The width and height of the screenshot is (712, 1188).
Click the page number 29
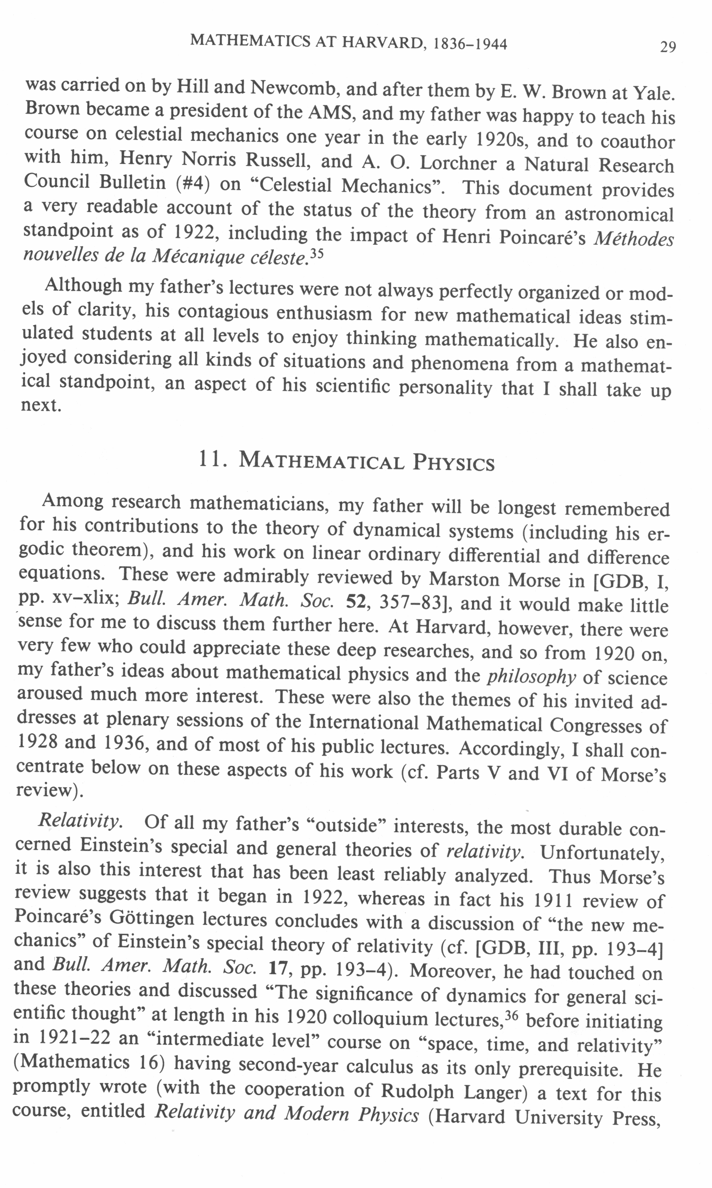pos(668,47)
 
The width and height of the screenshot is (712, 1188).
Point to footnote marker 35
pos(316,254)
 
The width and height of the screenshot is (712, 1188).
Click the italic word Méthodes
pos(633,238)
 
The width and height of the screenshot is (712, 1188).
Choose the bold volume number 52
pos(356,602)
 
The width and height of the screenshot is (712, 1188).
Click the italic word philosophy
pos(531,676)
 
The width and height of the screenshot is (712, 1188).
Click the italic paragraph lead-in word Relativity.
pos(80,820)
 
